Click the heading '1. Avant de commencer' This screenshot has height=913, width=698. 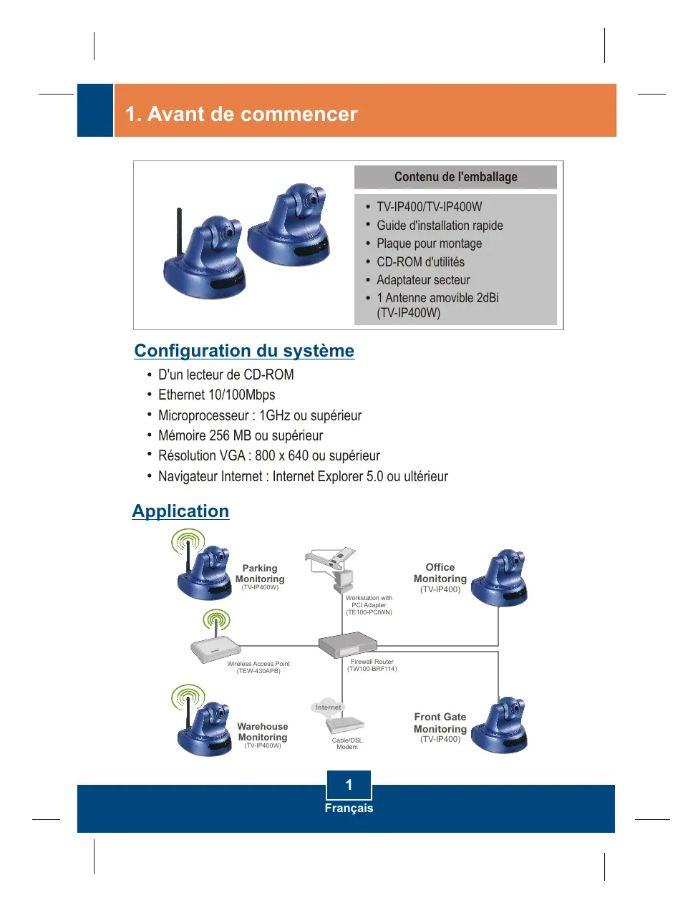click(x=241, y=114)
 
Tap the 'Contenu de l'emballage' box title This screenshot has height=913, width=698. click(x=455, y=177)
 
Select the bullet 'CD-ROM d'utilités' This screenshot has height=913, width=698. click(x=420, y=262)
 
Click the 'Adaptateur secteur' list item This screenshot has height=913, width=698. click(x=423, y=280)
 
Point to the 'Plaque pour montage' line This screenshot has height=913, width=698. click(x=429, y=243)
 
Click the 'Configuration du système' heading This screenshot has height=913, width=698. click(x=244, y=351)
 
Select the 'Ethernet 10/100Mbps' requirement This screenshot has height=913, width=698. click(x=216, y=395)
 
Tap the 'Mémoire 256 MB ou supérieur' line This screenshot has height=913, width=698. click(x=240, y=435)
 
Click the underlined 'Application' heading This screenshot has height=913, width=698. click(x=180, y=511)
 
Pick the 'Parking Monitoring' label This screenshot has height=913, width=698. click(x=260, y=574)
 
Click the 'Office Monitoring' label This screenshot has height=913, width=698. click(x=440, y=573)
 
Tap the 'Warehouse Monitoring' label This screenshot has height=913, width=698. click(x=263, y=732)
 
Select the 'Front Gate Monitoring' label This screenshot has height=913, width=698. click(x=440, y=723)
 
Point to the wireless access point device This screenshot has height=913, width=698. click(x=215, y=648)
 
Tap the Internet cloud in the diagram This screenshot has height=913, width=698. click(x=328, y=707)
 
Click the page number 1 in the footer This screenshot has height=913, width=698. click(x=349, y=785)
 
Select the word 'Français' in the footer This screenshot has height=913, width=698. click(x=349, y=808)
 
